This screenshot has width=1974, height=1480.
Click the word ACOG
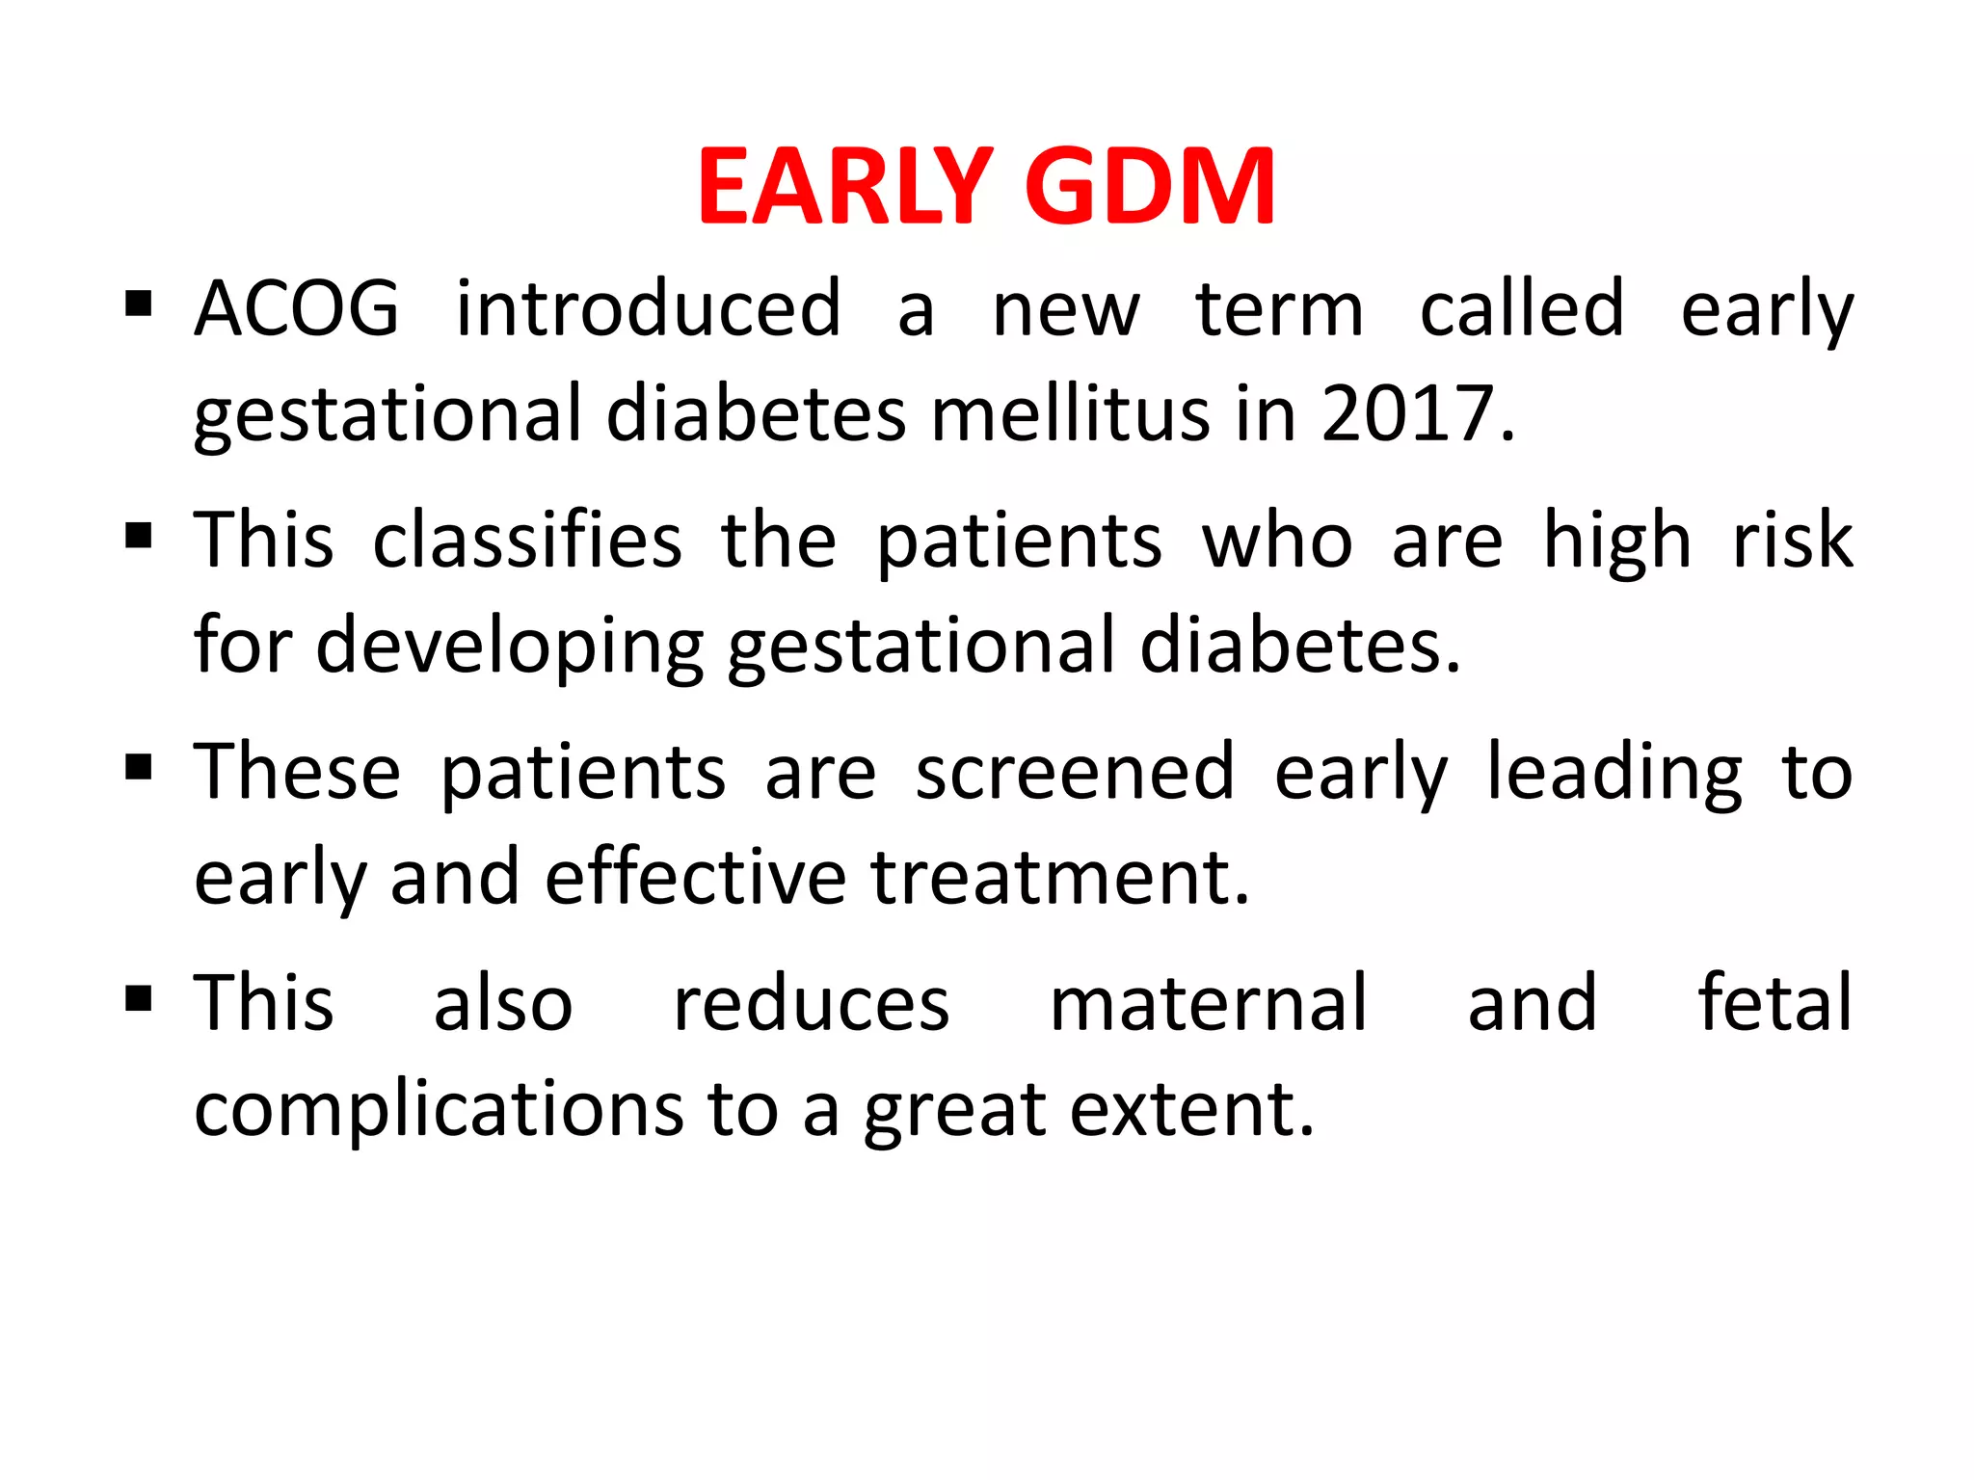(x=296, y=309)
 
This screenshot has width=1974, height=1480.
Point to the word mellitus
(x=1070, y=413)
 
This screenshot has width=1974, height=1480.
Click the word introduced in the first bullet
(x=649, y=309)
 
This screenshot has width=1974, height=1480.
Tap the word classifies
(x=527, y=541)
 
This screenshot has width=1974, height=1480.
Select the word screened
(x=1074, y=773)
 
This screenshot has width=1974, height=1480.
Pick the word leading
(x=1614, y=773)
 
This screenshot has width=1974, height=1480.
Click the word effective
(x=695, y=878)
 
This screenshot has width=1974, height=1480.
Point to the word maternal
(x=1208, y=1004)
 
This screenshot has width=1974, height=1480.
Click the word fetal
(x=1774, y=1004)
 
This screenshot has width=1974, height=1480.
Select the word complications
(x=439, y=1110)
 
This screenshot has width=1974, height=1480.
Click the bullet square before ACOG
(x=139, y=304)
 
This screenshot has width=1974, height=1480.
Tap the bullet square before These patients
(x=139, y=767)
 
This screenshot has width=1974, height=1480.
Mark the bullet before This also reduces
(x=139, y=998)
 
